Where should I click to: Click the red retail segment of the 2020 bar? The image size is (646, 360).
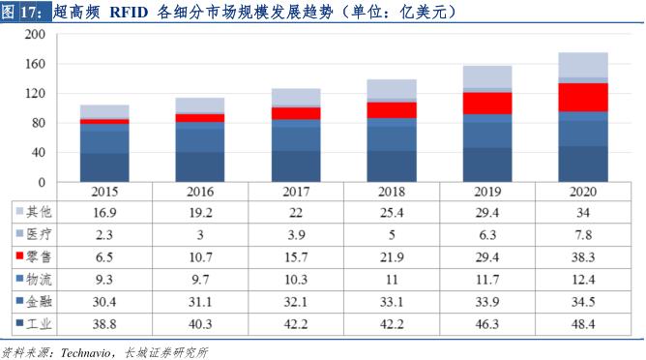tap(583, 97)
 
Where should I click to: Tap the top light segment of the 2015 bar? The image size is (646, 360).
tap(104, 110)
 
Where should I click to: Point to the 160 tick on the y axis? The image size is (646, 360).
tap(36, 64)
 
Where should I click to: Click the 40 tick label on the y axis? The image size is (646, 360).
tap(39, 153)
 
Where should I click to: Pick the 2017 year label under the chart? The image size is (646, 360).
tap(296, 192)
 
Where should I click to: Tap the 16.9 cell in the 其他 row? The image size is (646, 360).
tap(104, 212)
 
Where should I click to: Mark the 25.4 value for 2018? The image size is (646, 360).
tap(392, 212)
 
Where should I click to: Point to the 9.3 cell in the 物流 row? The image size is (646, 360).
tap(104, 280)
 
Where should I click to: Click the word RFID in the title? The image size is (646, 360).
tap(130, 14)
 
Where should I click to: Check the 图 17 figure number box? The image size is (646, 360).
tap(23, 14)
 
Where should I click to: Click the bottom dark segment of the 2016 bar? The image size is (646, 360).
tap(200, 166)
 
